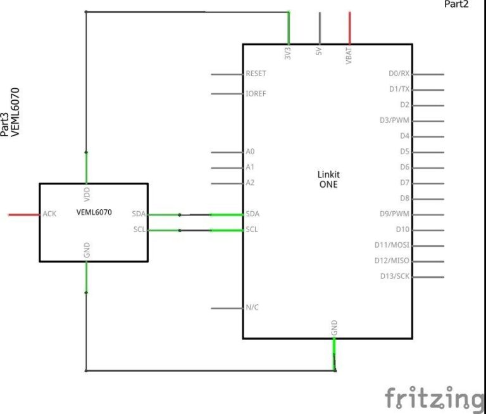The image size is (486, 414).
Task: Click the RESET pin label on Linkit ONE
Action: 256,74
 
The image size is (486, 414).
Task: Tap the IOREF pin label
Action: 256,93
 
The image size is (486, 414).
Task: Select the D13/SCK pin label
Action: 395,276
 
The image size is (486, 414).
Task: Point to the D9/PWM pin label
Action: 394,214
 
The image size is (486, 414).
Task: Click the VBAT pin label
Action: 349,56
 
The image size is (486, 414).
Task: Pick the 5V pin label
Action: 319,51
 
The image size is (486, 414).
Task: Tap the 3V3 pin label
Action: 288,53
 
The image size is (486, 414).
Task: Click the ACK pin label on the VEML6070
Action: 49,214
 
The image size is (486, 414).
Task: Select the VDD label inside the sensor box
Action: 87,194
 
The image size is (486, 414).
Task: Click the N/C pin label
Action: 252,307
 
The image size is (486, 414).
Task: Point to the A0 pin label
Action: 250,152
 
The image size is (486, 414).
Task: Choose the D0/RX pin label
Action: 399,74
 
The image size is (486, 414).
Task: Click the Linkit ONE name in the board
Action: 328,179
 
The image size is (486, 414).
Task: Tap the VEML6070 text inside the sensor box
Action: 94,212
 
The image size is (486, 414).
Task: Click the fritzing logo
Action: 434,398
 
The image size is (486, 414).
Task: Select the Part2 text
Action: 456,4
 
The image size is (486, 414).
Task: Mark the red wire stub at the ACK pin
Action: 24,215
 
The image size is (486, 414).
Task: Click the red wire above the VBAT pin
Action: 349,28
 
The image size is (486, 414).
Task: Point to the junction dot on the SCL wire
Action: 180,230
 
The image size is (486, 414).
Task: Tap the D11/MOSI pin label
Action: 392,245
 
